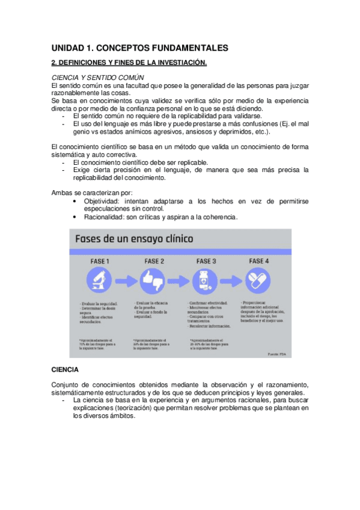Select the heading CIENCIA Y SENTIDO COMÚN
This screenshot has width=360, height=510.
(x=98, y=78)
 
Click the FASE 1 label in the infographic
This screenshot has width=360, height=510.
(x=99, y=261)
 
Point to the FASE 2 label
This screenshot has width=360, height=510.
(x=154, y=261)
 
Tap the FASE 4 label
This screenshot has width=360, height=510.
(x=259, y=261)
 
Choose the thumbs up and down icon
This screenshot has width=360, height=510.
(x=153, y=281)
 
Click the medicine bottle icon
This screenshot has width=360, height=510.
(x=206, y=281)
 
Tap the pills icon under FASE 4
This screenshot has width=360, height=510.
(x=259, y=281)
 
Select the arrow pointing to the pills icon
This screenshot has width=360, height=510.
(x=233, y=281)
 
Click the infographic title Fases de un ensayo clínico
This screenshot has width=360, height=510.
(x=133, y=239)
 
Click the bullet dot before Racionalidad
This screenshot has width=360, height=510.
(x=74, y=217)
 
